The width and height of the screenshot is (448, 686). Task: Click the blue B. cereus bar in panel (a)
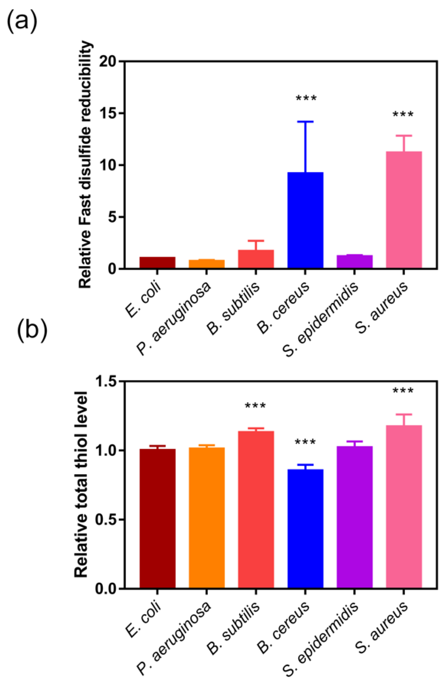(305, 220)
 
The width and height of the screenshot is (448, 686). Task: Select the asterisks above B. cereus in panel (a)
(306, 98)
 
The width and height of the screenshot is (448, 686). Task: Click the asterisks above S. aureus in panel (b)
(403, 391)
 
